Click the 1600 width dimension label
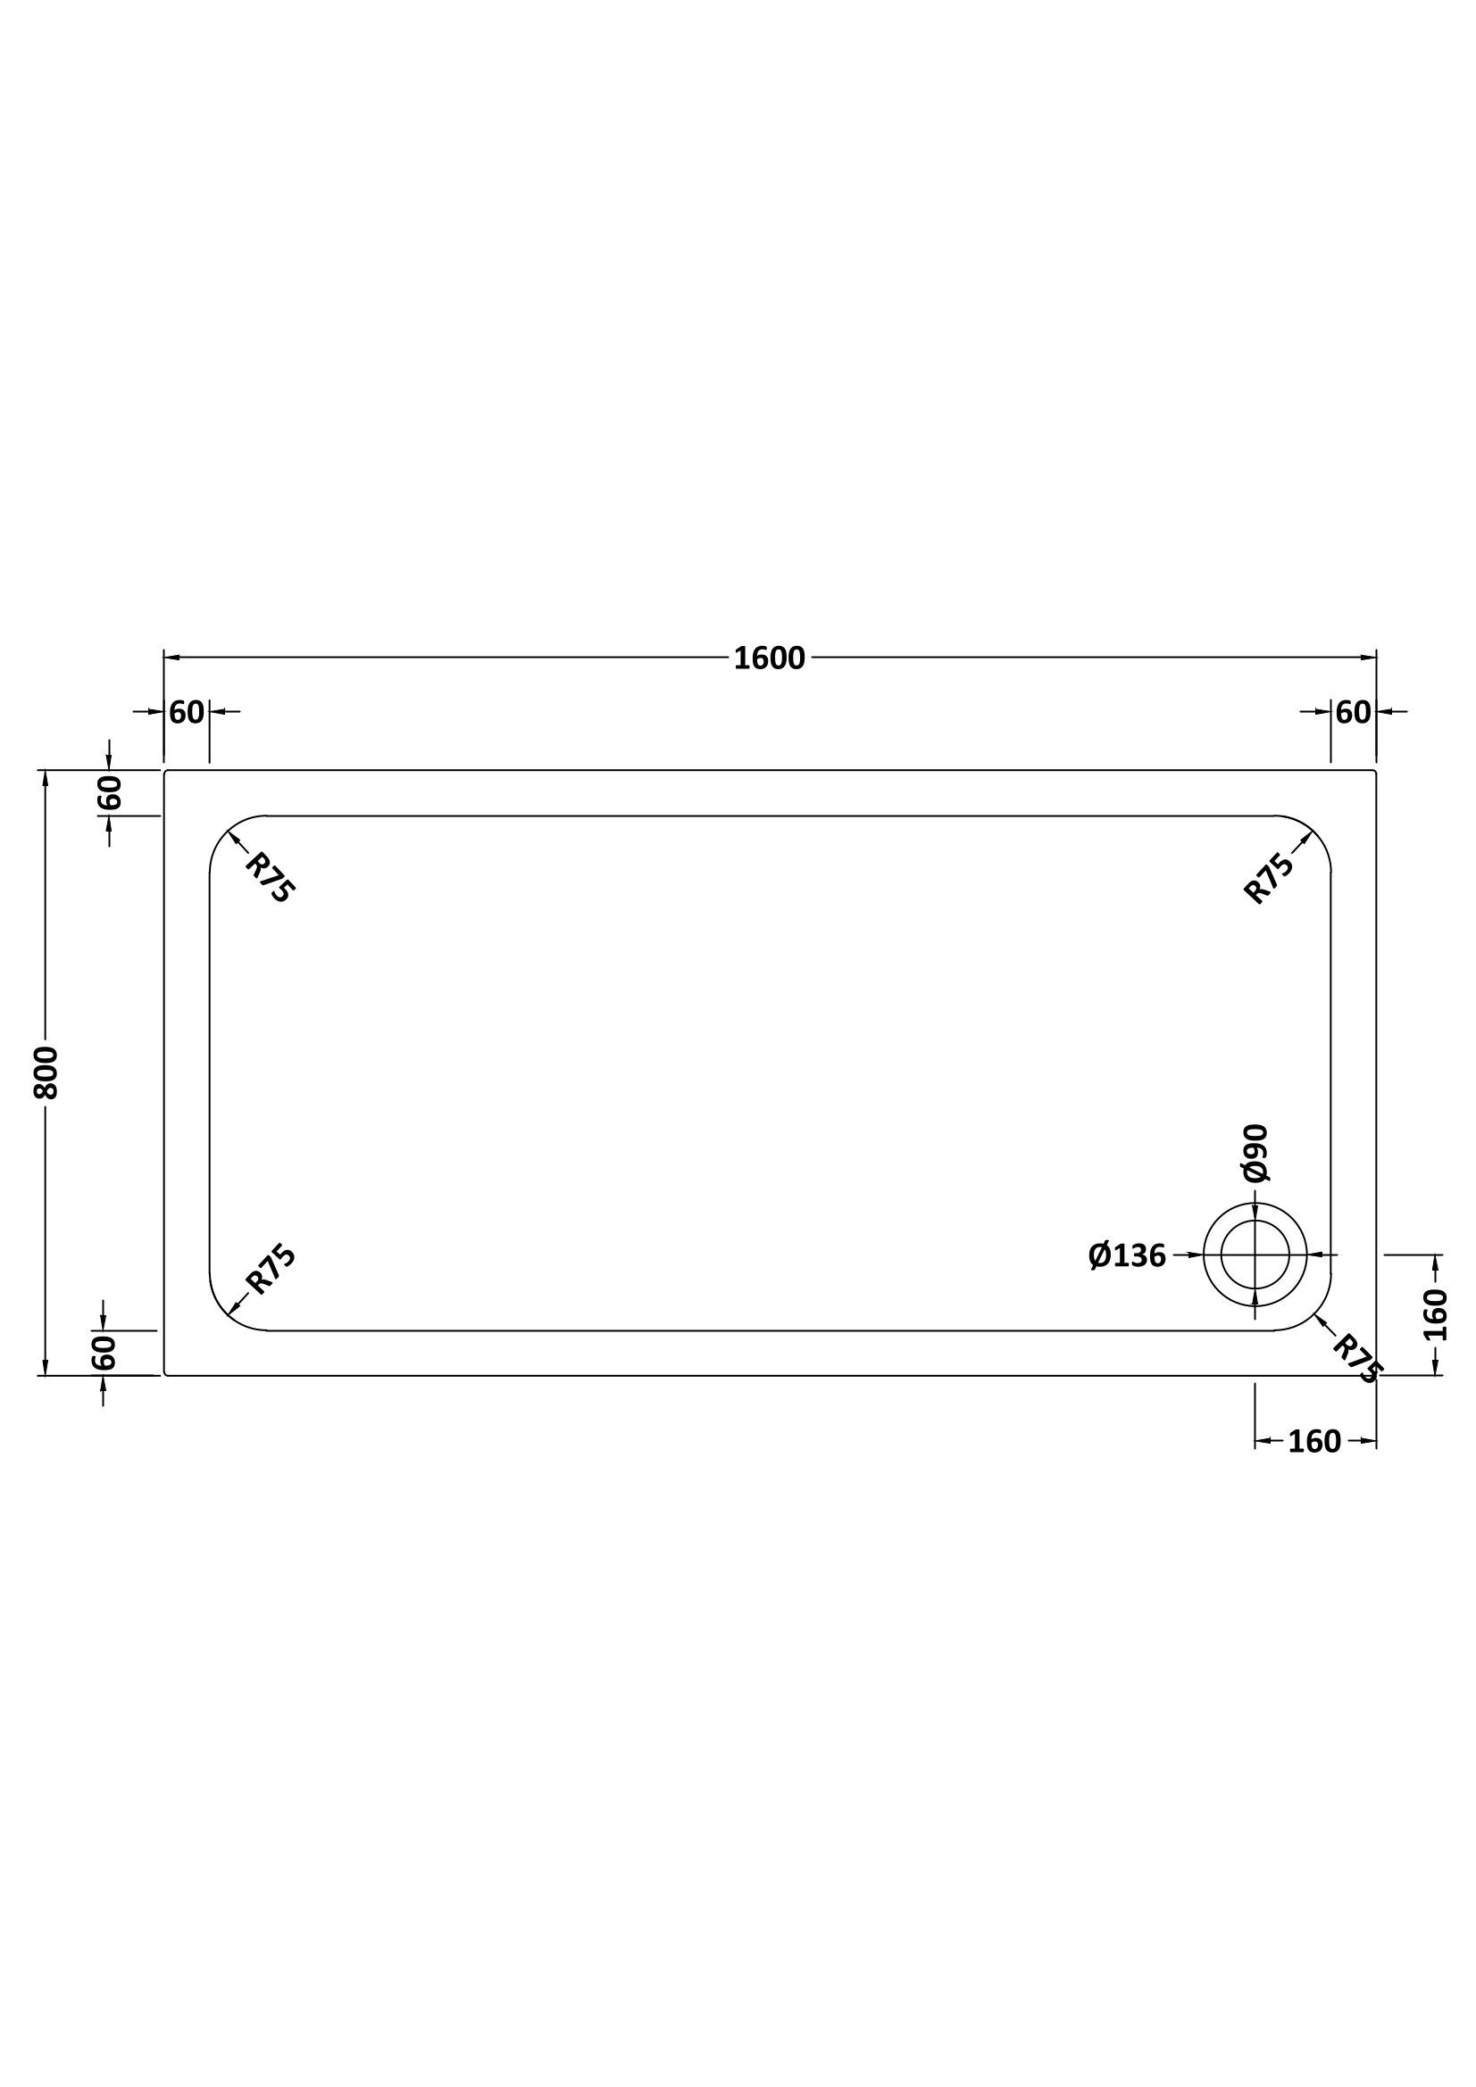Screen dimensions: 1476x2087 pyautogui.click(x=770, y=658)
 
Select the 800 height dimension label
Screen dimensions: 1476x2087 pyautogui.click(x=46, y=1072)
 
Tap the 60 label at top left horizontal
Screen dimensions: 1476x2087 pyautogui.click(x=187, y=713)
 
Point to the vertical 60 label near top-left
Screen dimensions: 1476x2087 pyautogui.click(x=108, y=792)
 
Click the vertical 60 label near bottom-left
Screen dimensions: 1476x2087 pyautogui.click(x=104, y=1353)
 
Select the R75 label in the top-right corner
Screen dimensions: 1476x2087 pyautogui.click(x=1269, y=878)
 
